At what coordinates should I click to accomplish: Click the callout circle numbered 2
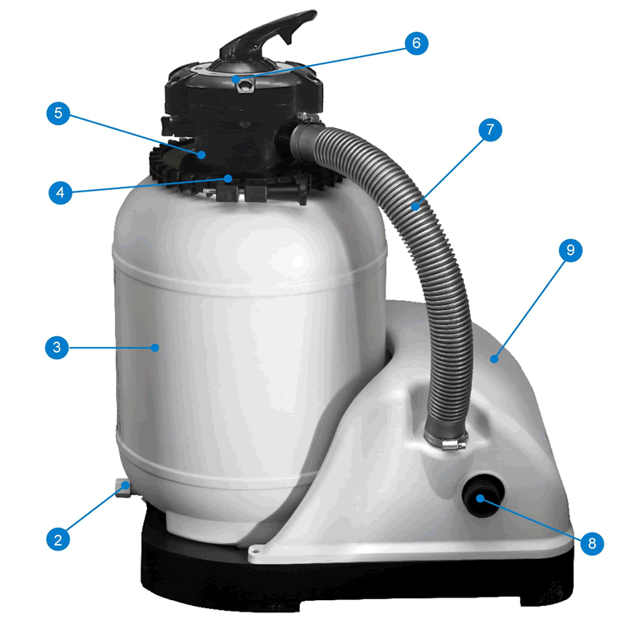click(57, 539)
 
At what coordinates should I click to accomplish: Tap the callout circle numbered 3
click(57, 348)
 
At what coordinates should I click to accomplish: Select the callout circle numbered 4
click(57, 194)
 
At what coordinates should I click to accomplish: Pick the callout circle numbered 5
click(57, 113)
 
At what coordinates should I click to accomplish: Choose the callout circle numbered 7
click(490, 130)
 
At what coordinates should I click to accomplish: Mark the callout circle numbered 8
click(592, 543)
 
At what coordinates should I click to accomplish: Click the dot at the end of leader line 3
click(155, 348)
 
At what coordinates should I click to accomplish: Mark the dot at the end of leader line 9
click(494, 358)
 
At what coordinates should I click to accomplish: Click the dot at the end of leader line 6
click(237, 79)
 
